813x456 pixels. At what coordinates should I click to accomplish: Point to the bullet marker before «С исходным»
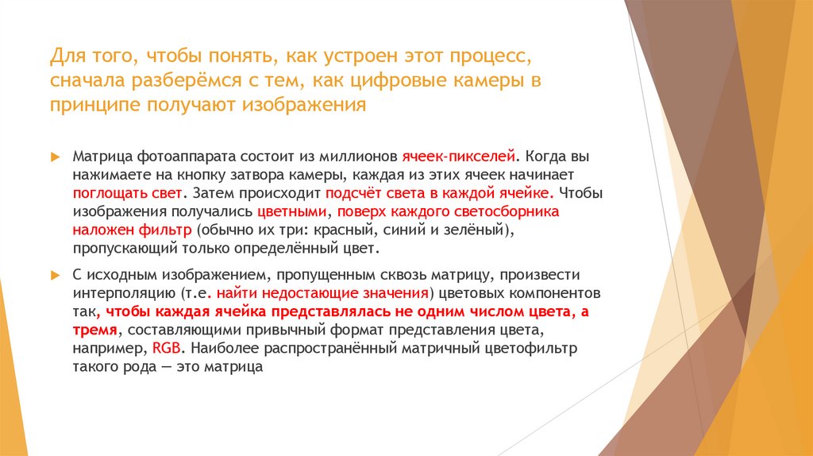(54, 275)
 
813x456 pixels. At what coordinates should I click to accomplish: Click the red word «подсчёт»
(351, 193)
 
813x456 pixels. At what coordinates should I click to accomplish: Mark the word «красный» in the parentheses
(341, 230)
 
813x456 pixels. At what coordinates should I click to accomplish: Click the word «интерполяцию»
(121, 292)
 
